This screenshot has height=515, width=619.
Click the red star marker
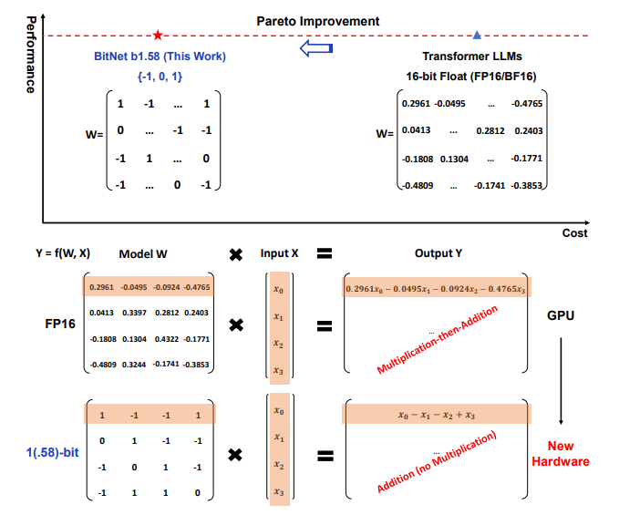pos(158,36)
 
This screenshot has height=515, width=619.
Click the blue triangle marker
pos(477,36)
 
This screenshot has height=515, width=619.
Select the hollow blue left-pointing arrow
pos(316,48)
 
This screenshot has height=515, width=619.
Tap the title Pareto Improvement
pos(318,21)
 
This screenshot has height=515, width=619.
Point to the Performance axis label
pos(31,55)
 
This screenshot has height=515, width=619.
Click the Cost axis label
pos(574,232)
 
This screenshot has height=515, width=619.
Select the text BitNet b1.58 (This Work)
pos(160,57)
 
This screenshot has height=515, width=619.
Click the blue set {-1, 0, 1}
pos(160,77)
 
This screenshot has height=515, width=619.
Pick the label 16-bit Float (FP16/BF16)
pos(471,77)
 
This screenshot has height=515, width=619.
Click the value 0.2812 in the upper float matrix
pos(490,130)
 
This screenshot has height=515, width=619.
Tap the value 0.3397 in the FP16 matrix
pos(134,313)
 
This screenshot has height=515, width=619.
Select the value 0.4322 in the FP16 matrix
pos(167,339)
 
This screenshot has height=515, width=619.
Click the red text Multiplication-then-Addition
pos(437,339)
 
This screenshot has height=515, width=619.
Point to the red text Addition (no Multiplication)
pos(437,462)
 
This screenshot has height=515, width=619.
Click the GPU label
pos(561,315)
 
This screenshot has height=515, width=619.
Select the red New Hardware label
pos(561,453)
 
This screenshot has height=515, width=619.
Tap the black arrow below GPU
pos(561,381)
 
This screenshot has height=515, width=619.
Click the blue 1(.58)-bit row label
pos(53,452)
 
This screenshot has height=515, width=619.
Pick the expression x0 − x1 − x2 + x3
pos(437,415)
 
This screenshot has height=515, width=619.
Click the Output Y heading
pos(438,253)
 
